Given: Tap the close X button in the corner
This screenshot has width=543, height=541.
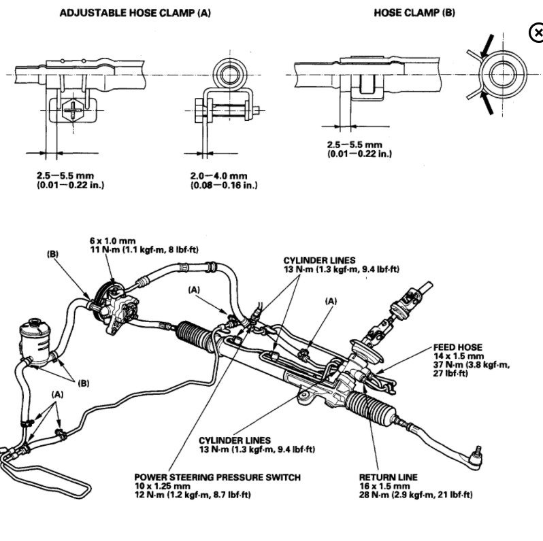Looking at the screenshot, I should click(x=536, y=32).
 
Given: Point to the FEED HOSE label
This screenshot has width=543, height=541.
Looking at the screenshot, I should click(x=457, y=347).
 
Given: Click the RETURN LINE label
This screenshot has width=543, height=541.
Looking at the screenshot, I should click(x=388, y=477).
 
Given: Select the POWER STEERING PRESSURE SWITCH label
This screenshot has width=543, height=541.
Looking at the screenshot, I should click(x=217, y=477).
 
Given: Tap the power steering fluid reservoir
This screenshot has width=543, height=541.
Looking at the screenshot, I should click(x=37, y=338).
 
